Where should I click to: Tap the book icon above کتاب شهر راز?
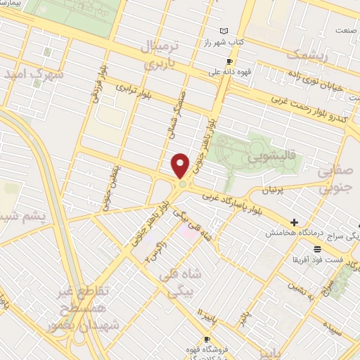[224, 32]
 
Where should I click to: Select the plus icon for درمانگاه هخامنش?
[294, 223]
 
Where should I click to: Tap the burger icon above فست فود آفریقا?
[318, 249]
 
